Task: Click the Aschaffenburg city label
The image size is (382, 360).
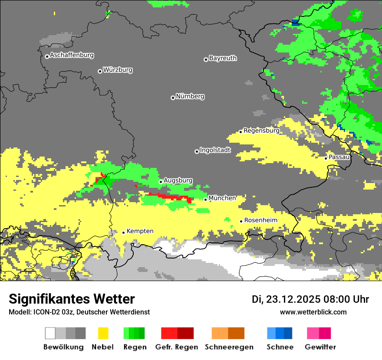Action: (x=72, y=56)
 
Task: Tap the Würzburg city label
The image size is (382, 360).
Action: (x=118, y=70)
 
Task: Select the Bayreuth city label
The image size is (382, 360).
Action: (x=223, y=58)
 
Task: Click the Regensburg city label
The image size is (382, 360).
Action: (x=261, y=131)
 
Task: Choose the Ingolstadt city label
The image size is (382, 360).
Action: (x=215, y=151)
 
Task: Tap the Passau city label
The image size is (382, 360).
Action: (x=339, y=157)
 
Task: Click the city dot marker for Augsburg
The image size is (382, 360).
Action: (x=161, y=182)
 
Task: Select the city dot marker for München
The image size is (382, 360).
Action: (x=206, y=200)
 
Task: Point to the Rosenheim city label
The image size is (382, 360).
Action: (x=260, y=220)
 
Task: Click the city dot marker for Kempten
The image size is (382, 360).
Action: (x=123, y=232)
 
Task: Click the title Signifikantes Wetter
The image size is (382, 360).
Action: (x=72, y=299)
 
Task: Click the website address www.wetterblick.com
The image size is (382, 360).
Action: (x=313, y=312)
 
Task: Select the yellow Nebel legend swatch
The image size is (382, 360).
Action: (x=103, y=333)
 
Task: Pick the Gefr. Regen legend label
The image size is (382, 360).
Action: (x=177, y=347)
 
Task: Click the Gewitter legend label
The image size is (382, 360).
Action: (x=320, y=347)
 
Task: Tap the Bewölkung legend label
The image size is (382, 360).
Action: (x=63, y=347)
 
